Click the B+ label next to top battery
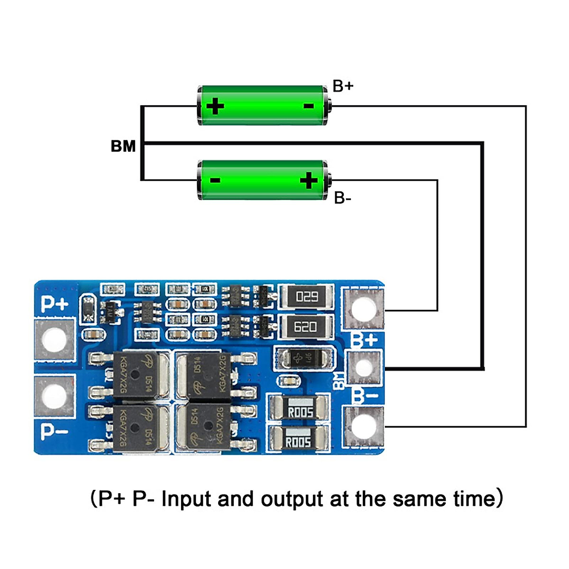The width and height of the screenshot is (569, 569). tap(343, 86)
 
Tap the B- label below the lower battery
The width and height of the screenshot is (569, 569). tap(342, 198)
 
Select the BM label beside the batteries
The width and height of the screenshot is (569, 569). tap(123, 146)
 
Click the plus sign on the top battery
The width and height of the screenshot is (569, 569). tap(215, 106)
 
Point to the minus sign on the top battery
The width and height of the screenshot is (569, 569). tap(308, 106)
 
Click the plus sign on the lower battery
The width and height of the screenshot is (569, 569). tap(309, 180)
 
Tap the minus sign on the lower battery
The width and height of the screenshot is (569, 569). tap(215, 180)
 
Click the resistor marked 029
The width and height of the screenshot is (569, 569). tap(306, 297)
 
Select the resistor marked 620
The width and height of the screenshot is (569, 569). tap(306, 327)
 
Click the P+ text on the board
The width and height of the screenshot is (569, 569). tap(54, 304)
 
